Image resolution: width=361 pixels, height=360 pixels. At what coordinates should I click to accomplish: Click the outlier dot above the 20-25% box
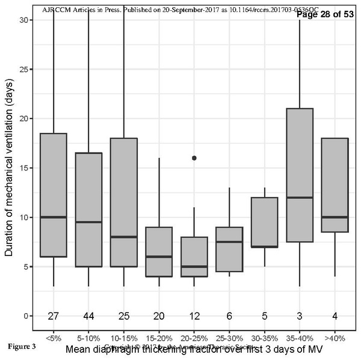pyautogui.click(x=194, y=158)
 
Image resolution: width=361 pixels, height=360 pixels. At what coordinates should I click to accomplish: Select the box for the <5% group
pyautogui.click(x=54, y=195)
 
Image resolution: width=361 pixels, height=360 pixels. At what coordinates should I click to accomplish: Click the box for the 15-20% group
pyautogui.click(x=159, y=251)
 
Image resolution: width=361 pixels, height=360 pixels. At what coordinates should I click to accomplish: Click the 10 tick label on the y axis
pyautogui.click(x=23, y=217)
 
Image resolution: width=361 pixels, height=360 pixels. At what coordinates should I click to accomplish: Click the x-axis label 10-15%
pyautogui.click(x=124, y=338)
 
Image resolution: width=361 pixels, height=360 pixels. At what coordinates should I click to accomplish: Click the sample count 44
pyautogui.click(x=89, y=316)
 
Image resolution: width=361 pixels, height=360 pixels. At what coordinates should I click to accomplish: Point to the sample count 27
pyautogui.click(x=54, y=316)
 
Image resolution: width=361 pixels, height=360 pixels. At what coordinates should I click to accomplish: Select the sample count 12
pyautogui.click(x=194, y=316)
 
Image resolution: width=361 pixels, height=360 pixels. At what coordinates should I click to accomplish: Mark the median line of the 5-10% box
pyautogui.click(x=89, y=222)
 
